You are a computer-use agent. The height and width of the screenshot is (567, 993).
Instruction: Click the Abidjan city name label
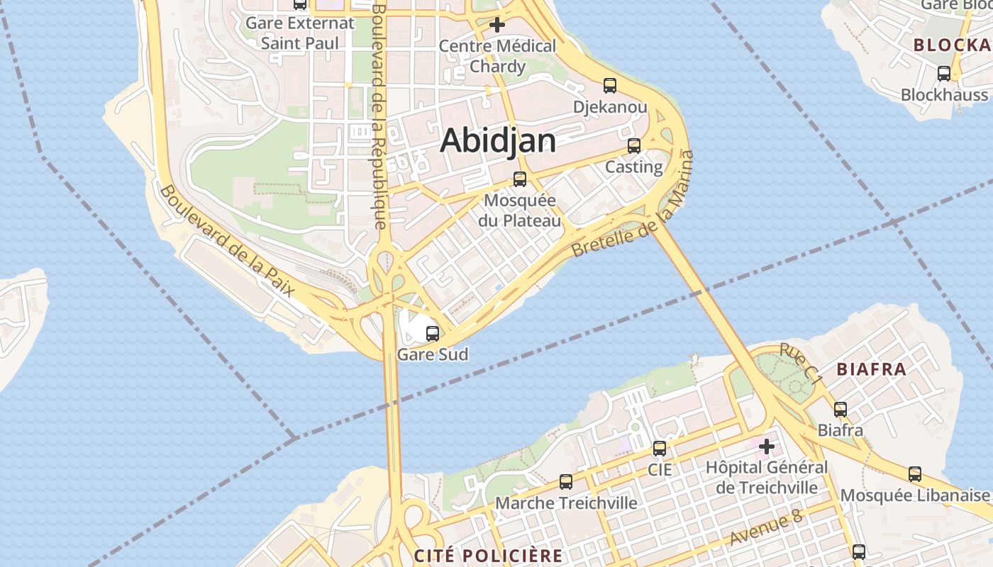(x=498, y=140)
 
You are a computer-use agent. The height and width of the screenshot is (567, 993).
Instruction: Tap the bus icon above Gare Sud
(x=433, y=333)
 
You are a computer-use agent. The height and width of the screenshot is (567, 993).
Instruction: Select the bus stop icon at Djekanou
(x=609, y=86)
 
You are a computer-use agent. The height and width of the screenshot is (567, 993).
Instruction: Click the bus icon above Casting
(x=634, y=146)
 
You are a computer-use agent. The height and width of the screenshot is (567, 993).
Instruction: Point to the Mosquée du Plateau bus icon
(x=520, y=179)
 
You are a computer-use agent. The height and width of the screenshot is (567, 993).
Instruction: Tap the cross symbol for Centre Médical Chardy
(x=497, y=26)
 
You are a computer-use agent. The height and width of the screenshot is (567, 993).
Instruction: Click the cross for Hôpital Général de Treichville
(x=767, y=447)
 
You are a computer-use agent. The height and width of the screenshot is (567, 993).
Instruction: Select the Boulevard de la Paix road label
(x=227, y=241)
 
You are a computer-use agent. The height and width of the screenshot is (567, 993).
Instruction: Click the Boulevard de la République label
(x=379, y=117)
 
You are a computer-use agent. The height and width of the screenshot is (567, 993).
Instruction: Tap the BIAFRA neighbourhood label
(x=872, y=369)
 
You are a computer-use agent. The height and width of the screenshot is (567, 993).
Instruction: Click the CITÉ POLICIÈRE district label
(x=488, y=556)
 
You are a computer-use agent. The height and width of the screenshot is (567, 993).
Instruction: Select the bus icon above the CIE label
(x=660, y=448)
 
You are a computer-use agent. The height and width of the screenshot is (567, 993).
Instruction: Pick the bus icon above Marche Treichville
(x=566, y=482)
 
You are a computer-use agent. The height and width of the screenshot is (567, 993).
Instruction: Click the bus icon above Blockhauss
(x=944, y=74)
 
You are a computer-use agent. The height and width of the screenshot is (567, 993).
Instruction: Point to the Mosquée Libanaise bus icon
(x=915, y=474)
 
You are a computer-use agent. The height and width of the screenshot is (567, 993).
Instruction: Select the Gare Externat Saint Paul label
(x=300, y=33)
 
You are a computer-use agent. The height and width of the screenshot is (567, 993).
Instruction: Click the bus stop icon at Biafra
(x=841, y=409)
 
